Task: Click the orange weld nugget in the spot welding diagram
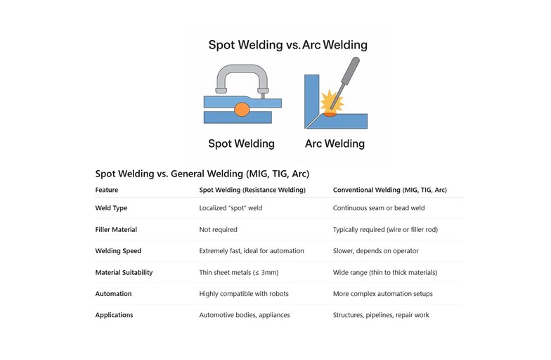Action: pyautogui.click(x=242, y=110)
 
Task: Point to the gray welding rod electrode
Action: pyautogui.click(x=346, y=79)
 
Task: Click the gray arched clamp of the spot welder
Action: pyautogui.click(x=242, y=77)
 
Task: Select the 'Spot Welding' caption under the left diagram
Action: pyautogui.click(x=241, y=143)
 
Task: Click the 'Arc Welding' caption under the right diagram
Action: pyautogui.click(x=335, y=143)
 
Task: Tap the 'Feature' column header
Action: pyautogui.click(x=107, y=190)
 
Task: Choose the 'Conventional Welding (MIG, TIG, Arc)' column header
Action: pyautogui.click(x=389, y=190)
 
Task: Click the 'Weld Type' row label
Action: pyautogui.click(x=111, y=208)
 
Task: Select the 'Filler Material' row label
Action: pyautogui.click(x=116, y=229)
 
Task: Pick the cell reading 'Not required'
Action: pyautogui.click(x=218, y=229)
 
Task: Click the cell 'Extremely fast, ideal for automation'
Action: pyautogui.click(x=252, y=251)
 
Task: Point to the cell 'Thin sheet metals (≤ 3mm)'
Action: pyautogui.click(x=239, y=273)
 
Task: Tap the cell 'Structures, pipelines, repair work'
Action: pyautogui.click(x=381, y=315)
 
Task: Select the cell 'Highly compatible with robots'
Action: pyautogui.click(x=244, y=294)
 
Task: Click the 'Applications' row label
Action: pyautogui.click(x=114, y=315)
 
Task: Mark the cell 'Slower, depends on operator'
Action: pyautogui.click(x=375, y=251)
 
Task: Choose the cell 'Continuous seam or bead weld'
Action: pyautogui.click(x=379, y=208)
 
